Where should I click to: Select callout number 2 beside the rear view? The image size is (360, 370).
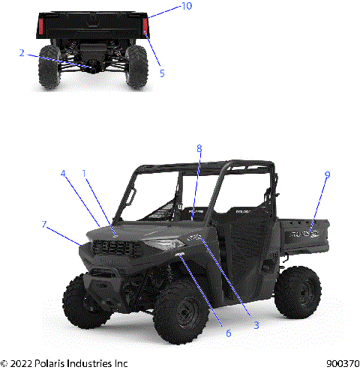point(22,53)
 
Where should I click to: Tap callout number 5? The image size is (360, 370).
point(162,73)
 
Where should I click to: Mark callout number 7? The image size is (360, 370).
point(45,224)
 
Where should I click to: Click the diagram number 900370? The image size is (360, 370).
point(342,363)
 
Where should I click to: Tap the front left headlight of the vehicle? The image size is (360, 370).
point(160,245)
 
